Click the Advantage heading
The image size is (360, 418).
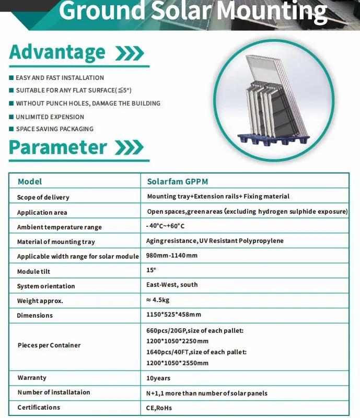coord(57,52)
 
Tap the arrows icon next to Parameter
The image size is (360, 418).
coord(129,148)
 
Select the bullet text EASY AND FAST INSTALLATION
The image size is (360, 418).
coord(60,78)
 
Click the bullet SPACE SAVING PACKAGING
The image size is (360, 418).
coord(54,129)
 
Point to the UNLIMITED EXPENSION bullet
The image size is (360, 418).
coord(50,117)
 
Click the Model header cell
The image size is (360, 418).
coord(30,182)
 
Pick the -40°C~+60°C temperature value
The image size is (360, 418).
coord(166,226)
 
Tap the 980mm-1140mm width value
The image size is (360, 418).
coord(171,256)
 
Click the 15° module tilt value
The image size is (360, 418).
coord(151,270)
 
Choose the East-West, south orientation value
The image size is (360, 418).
coord(172,285)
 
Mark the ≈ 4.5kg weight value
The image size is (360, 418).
coord(158,300)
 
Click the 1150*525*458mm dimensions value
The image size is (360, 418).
coord(173,315)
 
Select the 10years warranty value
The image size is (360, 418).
coord(158,378)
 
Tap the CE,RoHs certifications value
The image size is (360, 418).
coord(159,408)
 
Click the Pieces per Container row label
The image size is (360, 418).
coord(49,345)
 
